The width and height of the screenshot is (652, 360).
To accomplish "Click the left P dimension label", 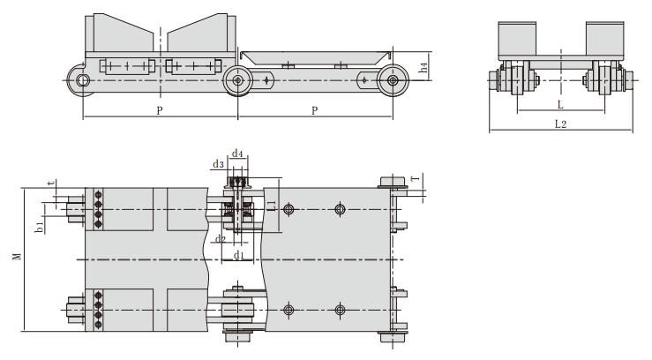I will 159,110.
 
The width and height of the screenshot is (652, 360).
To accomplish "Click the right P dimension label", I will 315,110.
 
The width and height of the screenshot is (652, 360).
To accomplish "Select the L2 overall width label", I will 560,124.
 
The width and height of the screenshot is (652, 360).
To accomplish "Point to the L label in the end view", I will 561,104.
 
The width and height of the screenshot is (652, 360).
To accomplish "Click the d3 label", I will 218,164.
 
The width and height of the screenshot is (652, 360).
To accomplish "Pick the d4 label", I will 237,154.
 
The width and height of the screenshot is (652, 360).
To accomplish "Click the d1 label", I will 238,255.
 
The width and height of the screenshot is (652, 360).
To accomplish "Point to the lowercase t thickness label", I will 53,184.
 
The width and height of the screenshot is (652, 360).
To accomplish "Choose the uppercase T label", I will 416,179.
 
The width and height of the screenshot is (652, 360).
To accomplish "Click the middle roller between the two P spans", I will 236,81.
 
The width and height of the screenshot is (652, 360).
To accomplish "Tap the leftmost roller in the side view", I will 83,81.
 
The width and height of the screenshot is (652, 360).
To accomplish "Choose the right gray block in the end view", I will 604,41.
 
